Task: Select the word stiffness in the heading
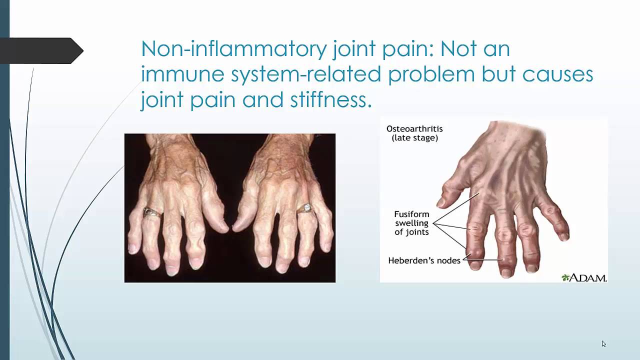point(330,99)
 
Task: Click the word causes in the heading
point(557,74)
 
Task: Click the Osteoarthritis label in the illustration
point(414,128)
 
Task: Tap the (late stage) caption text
point(414,137)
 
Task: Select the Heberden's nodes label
point(424,260)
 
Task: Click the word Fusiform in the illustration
point(412,214)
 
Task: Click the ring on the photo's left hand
point(152,212)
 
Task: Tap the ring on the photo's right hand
point(304,208)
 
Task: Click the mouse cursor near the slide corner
point(603,343)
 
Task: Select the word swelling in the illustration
point(412,223)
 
